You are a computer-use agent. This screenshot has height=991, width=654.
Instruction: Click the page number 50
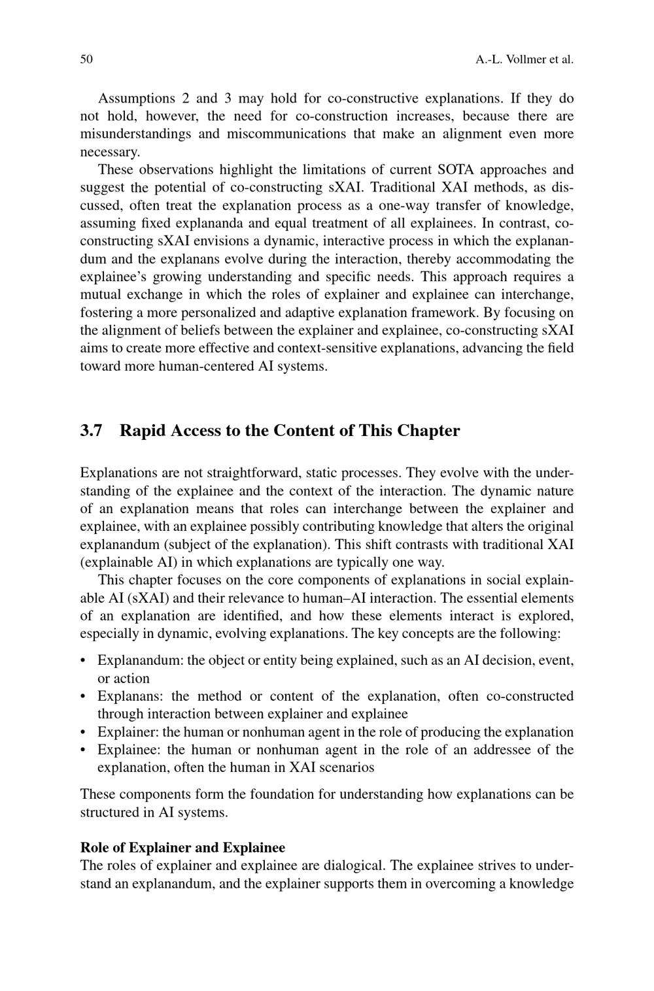pyautogui.click(x=86, y=59)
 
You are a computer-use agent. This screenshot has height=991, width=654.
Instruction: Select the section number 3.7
pyautogui.click(x=92, y=431)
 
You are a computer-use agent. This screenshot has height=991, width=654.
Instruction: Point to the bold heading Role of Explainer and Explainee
pyautogui.click(x=182, y=848)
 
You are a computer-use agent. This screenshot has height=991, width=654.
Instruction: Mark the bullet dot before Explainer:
pyautogui.click(x=84, y=732)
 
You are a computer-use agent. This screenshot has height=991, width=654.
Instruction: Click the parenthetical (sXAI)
pyautogui.click(x=145, y=598)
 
